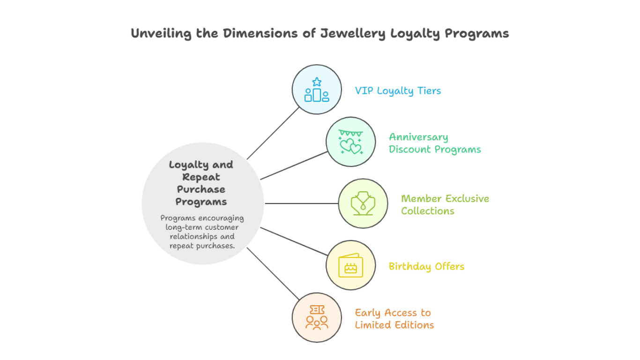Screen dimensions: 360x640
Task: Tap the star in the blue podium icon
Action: pyautogui.click(x=317, y=82)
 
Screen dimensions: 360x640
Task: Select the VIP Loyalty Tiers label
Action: pyautogui.click(x=398, y=90)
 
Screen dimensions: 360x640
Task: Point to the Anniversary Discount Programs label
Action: pyautogui.click(x=434, y=143)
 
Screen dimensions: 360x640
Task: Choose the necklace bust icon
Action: pyautogui.click(x=363, y=203)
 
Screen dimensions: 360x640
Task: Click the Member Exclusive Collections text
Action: pyautogui.click(x=445, y=204)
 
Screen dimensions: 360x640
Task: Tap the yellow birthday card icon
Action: pyautogui.click(x=350, y=266)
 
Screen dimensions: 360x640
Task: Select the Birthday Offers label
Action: pyautogui.click(x=426, y=266)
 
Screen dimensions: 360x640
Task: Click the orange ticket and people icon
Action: pyautogui.click(x=317, y=318)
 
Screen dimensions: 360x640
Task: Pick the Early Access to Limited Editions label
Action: pyautogui.click(x=394, y=319)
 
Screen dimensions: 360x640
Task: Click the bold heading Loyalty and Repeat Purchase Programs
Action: pyautogui.click(x=201, y=183)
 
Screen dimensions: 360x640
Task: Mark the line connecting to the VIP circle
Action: pyautogui.click(x=273, y=133)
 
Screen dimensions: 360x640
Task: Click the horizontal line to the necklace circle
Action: pyautogui.click(x=301, y=203)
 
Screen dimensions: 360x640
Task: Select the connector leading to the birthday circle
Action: pyautogui.click(x=294, y=241)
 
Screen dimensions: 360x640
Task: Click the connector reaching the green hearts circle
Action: pyautogui.click(x=294, y=165)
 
